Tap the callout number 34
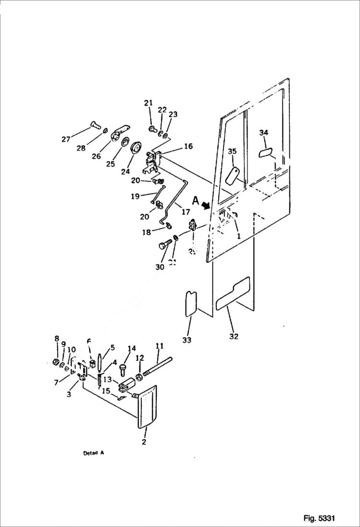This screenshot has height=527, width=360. [x=263, y=133]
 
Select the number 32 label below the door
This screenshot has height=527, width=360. [x=234, y=336]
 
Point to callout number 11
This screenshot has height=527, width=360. [x=160, y=345]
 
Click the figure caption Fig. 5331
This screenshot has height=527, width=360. [x=319, y=518]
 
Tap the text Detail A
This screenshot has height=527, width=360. [x=93, y=453]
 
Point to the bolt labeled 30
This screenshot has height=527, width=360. [x=164, y=246]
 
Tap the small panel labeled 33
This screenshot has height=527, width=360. [x=191, y=303]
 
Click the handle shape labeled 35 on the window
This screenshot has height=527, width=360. [x=233, y=175]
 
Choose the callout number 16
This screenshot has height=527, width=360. [x=188, y=146]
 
